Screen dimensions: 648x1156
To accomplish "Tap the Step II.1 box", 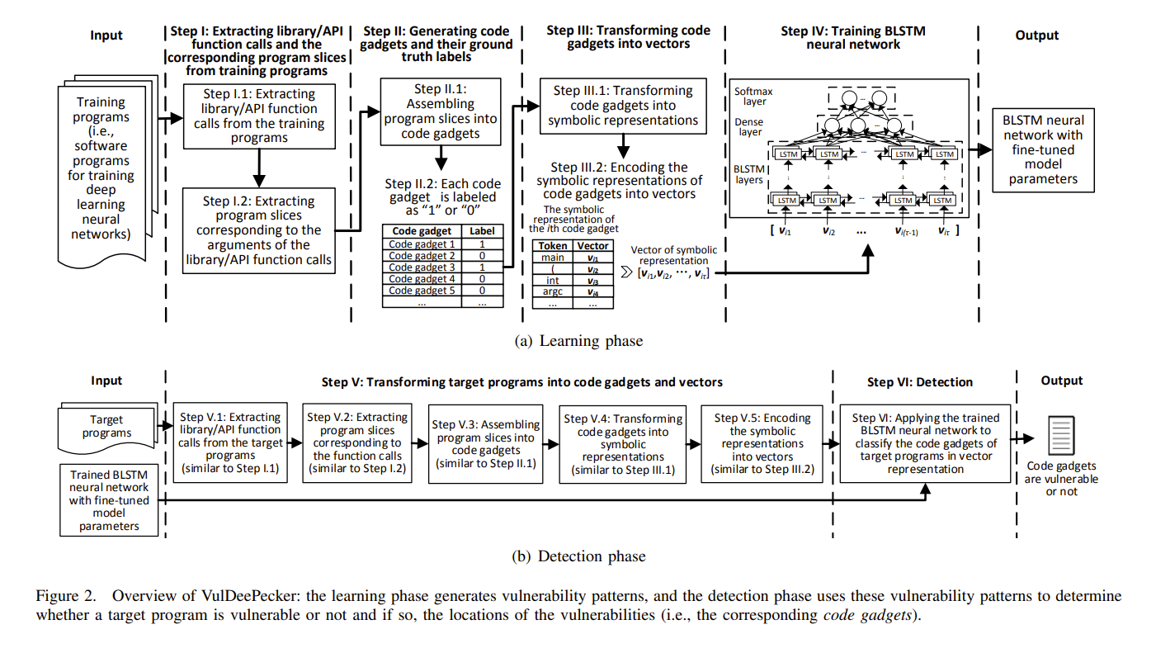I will tap(441, 111).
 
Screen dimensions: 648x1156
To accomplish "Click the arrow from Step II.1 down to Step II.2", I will tap(441, 157).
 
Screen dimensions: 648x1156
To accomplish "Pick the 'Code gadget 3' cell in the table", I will tap(422, 267).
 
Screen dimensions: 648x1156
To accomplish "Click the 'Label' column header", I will tap(482, 232).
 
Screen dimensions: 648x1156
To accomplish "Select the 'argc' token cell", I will tap(552, 291).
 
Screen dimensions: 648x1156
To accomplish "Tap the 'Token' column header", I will tap(552, 246).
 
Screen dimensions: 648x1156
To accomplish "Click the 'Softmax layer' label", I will tap(750, 97).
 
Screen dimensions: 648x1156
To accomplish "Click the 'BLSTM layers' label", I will tap(749, 174).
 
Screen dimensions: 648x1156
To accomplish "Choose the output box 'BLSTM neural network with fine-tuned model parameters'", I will tap(1043, 149).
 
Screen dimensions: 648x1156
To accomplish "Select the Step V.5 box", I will tap(762, 443).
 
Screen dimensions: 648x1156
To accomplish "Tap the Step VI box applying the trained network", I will tap(925, 443).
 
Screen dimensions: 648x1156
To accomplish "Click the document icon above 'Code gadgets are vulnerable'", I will tap(1061, 434).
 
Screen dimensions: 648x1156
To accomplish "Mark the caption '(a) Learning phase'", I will tap(578, 340).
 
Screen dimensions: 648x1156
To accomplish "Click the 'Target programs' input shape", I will tap(106, 426).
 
